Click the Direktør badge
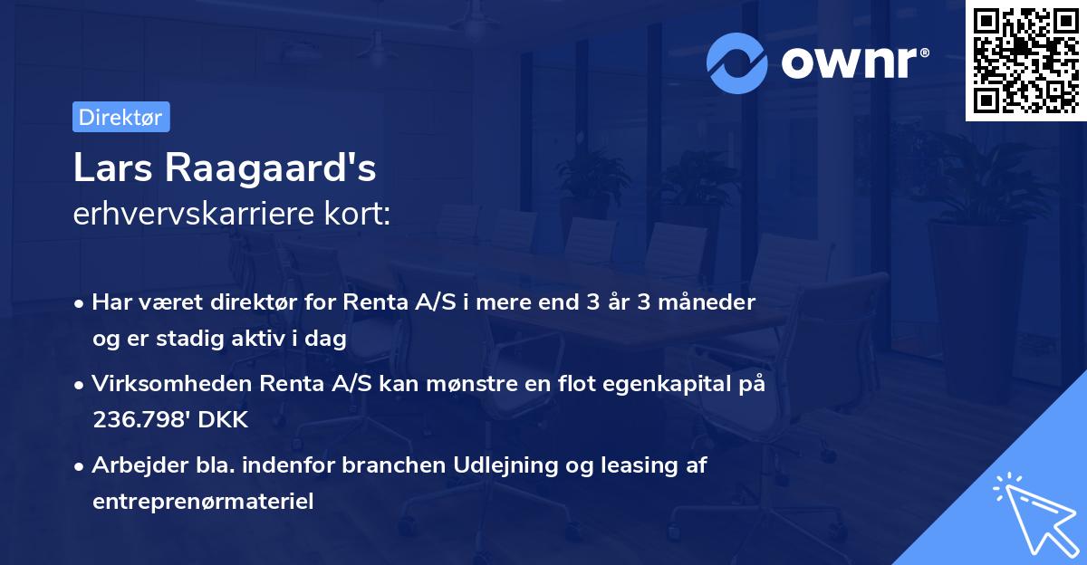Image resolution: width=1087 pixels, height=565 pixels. point(120,117)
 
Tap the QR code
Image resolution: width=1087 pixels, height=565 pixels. point(1025,60)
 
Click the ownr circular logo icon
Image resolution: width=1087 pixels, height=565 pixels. point(737,62)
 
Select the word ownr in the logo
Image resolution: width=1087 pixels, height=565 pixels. point(854,62)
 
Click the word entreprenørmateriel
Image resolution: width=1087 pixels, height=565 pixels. point(203,501)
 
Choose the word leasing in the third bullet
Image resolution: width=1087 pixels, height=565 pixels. point(641,465)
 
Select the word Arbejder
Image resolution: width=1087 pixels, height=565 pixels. point(133,465)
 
